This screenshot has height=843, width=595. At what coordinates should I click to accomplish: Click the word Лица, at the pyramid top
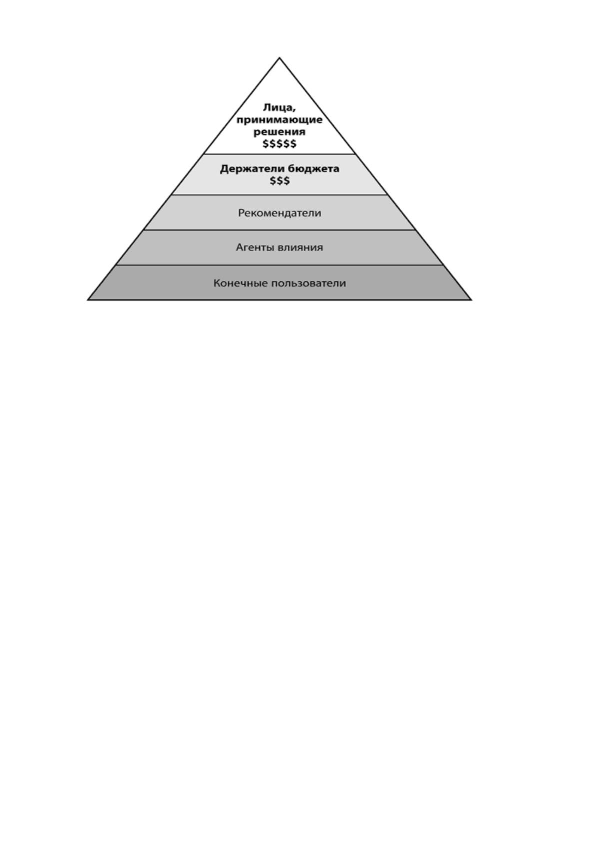point(279,108)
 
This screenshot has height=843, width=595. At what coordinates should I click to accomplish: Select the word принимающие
point(279,121)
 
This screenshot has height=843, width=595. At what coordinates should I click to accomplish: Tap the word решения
point(279,132)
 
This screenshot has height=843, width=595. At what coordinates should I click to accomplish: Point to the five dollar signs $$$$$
point(279,144)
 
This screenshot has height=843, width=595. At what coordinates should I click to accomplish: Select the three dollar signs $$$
point(279,181)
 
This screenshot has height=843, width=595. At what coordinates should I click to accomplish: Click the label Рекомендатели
point(279,213)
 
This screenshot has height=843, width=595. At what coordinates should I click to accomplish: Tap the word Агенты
point(255,248)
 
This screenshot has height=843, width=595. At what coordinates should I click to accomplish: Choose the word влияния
point(300,248)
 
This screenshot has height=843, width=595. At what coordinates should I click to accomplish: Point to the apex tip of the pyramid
point(279,58)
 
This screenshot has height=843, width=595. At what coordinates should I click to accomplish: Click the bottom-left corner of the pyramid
point(87,300)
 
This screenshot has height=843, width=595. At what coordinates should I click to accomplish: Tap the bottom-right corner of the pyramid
point(471,300)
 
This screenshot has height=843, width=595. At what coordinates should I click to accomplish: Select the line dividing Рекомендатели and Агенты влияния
point(279,230)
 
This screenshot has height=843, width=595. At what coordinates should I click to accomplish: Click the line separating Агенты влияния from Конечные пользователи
point(279,265)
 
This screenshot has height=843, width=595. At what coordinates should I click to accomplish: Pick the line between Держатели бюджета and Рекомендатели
point(279,195)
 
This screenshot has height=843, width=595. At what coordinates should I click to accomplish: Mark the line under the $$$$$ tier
point(279,154)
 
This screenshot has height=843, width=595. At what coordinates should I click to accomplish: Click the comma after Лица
point(294,112)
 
